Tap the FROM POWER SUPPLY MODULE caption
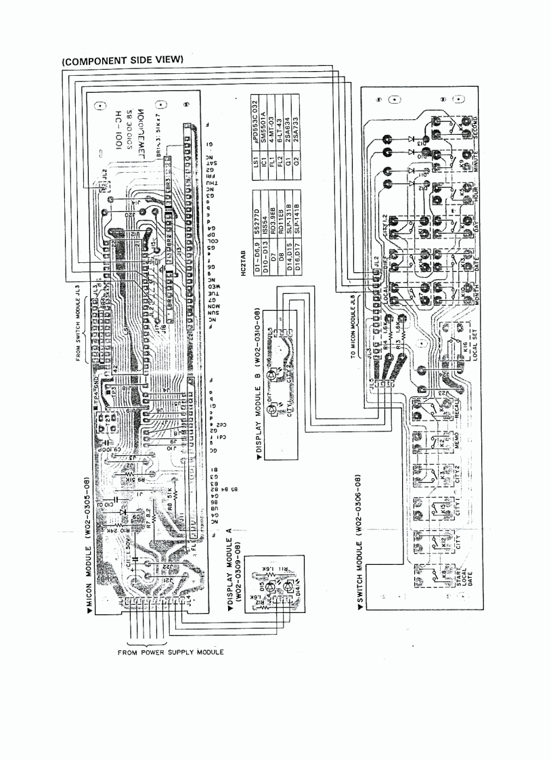[x=171, y=652]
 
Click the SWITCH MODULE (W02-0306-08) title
[x=359, y=542]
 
